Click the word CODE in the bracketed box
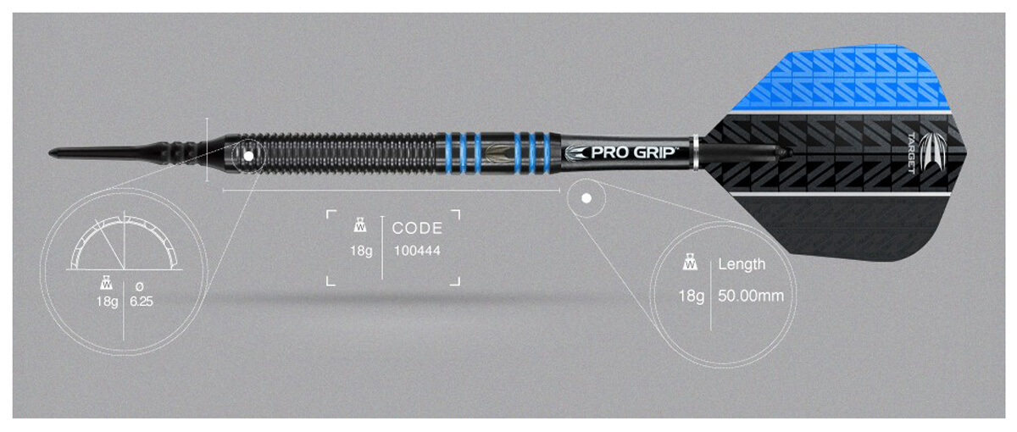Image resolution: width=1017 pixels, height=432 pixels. [417, 228]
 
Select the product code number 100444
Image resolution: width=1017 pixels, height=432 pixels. [417, 251]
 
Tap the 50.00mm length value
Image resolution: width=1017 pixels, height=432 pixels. [751, 296]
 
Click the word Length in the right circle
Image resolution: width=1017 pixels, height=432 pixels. [742, 264]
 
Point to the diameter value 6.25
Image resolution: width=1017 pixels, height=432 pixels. [142, 302]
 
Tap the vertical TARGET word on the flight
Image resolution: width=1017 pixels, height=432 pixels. [911, 153]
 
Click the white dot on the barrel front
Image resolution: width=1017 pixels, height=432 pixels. [249, 156]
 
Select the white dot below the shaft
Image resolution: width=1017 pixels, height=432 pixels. [586, 198]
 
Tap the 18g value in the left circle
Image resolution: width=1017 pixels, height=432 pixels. [107, 302]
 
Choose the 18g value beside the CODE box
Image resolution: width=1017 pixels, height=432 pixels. [361, 251]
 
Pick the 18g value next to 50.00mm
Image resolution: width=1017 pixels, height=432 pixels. [691, 296]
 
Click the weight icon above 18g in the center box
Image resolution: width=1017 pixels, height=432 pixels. [360, 225]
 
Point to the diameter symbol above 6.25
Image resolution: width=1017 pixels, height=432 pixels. [139, 286]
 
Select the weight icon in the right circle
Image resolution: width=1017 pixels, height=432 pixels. [690, 263]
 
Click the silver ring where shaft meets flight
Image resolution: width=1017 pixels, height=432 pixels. [695, 153]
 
